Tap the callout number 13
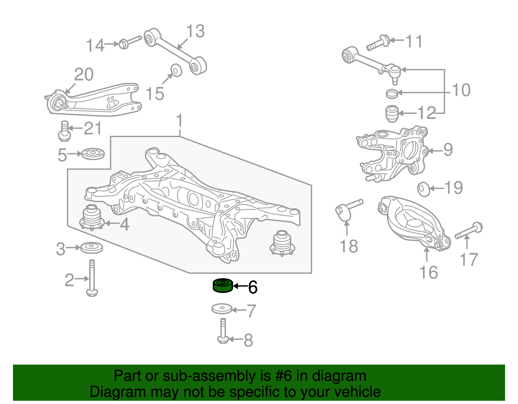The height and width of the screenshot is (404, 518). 195,32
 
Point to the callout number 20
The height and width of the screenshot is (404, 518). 84,75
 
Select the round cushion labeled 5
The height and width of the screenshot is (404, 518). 93,153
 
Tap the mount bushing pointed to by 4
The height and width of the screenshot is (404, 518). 91,218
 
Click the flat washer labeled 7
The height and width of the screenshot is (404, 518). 222,309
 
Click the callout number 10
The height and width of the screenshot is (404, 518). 461,90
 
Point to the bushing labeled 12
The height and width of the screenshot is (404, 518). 392,114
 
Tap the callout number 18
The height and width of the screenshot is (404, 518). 349,246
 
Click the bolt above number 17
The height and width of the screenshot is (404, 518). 468,231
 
